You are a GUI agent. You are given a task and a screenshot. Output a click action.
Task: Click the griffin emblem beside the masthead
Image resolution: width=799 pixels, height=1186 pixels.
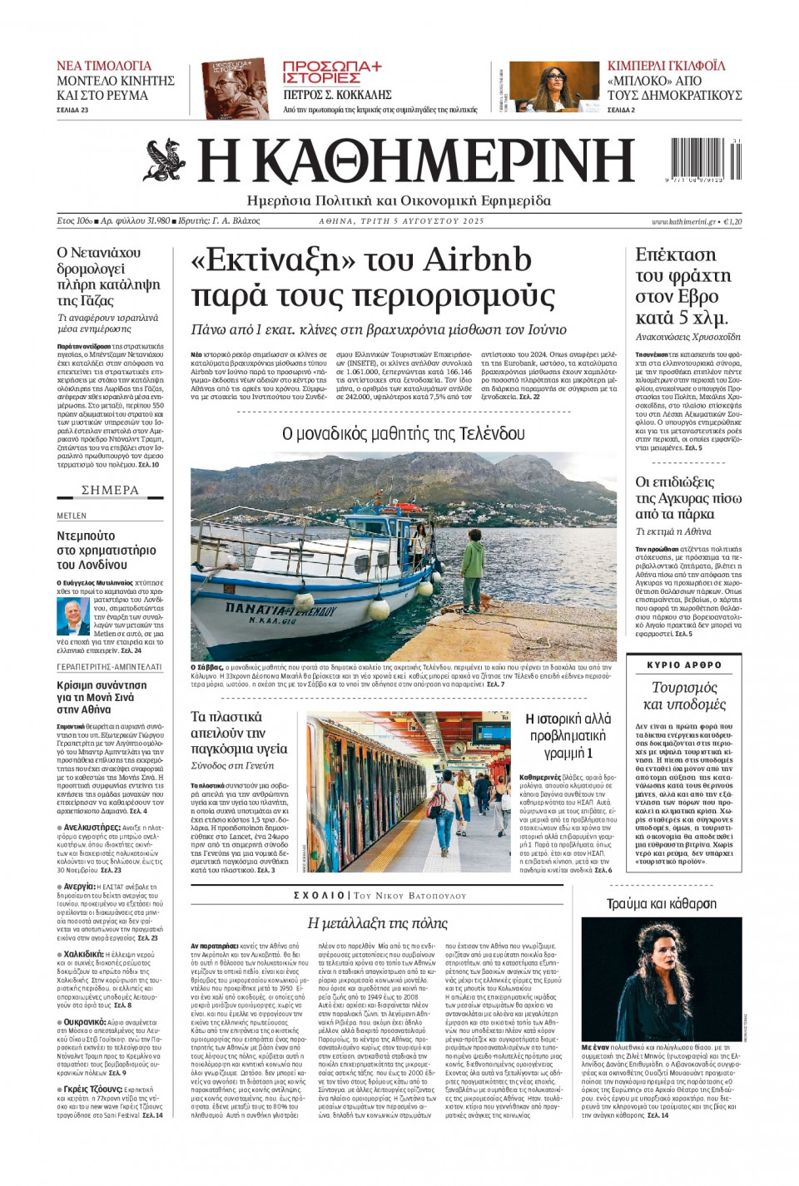165,161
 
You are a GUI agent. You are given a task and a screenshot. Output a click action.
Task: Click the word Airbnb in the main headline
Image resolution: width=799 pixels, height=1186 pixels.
477,260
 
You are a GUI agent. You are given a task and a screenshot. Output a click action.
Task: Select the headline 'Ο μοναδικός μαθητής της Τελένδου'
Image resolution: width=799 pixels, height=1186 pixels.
404,433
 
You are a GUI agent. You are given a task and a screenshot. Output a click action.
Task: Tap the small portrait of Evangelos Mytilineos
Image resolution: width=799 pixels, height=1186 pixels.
74,616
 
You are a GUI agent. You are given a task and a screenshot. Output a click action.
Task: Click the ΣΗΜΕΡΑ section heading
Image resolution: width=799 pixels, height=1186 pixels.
110,490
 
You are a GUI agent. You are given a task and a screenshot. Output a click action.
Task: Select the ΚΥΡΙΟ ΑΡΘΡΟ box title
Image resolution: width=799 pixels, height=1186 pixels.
684,665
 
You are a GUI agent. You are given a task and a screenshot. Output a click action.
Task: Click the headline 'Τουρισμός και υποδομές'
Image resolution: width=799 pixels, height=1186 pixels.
684,695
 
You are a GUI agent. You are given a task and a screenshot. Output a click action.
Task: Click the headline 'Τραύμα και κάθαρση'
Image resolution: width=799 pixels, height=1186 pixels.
661,903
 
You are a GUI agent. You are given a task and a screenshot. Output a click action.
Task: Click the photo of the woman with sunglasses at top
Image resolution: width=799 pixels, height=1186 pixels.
553,86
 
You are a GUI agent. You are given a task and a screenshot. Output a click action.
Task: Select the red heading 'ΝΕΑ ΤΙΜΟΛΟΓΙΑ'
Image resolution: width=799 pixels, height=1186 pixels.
104,66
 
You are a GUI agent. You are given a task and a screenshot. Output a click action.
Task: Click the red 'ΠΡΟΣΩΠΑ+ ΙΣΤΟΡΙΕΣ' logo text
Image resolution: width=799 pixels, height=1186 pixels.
331,72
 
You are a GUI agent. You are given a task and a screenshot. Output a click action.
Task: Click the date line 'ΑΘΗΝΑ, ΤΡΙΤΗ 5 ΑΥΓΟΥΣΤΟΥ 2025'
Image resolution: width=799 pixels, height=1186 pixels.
401,222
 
